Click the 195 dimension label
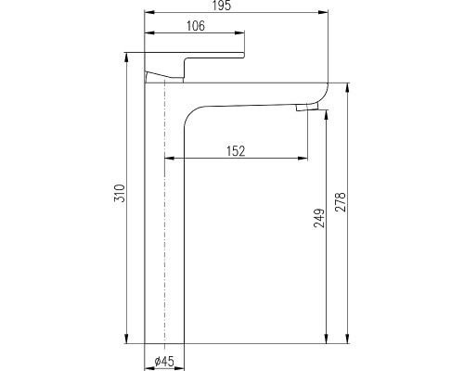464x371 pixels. click(222, 6)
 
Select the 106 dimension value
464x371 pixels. click(196, 26)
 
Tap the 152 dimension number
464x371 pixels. click(236, 151)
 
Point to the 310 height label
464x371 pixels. click(120, 193)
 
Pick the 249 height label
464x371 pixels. click(319, 218)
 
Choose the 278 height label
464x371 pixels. click(341, 202)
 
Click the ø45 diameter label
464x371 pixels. click(164, 361)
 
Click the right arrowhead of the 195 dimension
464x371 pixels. click(323, 12)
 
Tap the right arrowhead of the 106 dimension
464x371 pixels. click(239, 32)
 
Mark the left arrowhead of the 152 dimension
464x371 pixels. click(170, 159)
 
